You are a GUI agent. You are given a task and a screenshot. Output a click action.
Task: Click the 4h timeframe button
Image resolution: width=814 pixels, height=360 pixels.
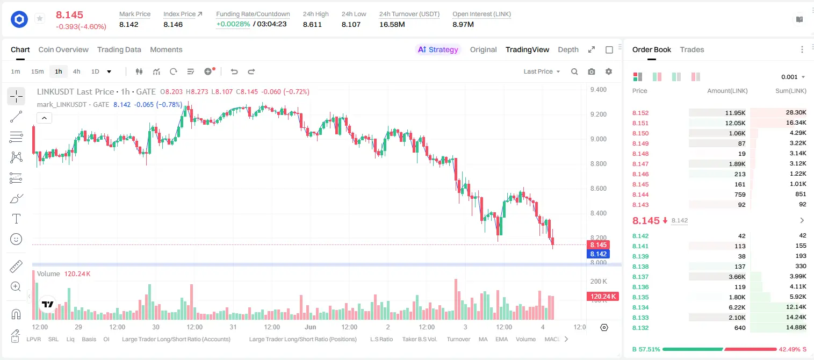click(76, 71)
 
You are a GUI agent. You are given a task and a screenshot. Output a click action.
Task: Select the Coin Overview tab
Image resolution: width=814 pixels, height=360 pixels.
click(63, 49)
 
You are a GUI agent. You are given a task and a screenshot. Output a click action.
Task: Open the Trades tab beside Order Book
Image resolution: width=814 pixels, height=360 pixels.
click(691, 49)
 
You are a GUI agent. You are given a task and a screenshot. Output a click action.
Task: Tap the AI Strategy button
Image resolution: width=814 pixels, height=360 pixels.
click(438, 49)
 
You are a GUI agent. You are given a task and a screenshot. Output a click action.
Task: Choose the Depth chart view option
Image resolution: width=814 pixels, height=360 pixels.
click(568, 49)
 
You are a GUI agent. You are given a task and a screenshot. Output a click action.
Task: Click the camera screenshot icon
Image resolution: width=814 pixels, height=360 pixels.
click(592, 71)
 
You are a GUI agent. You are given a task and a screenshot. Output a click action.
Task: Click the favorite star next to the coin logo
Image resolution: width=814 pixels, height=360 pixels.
click(40, 18)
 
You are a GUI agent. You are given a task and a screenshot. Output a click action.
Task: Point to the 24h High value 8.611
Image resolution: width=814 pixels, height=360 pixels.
click(312, 24)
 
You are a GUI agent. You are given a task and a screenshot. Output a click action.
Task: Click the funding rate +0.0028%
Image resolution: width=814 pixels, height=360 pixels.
click(233, 24)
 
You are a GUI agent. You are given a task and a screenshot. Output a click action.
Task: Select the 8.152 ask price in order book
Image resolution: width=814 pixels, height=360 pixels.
click(640, 113)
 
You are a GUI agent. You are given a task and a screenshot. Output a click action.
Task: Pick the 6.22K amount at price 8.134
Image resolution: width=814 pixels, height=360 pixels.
click(737, 307)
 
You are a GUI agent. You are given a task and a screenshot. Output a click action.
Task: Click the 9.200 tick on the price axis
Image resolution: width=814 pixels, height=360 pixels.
click(599, 114)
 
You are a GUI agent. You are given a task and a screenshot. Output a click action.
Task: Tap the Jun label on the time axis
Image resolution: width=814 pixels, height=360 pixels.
click(311, 327)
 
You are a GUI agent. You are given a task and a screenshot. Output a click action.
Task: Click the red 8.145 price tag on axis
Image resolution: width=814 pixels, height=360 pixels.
click(598, 245)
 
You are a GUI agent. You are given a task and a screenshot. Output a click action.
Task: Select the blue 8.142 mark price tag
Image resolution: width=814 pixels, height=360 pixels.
click(598, 254)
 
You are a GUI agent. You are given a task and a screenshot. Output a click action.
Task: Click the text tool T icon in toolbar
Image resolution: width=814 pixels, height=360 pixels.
click(16, 219)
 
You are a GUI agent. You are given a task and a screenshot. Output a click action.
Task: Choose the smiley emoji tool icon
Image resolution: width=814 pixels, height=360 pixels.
click(16, 239)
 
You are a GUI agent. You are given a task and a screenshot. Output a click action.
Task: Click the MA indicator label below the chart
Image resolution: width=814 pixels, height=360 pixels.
click(483, 339)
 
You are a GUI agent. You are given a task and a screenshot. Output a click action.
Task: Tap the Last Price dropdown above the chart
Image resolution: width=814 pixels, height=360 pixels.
click(542, 71)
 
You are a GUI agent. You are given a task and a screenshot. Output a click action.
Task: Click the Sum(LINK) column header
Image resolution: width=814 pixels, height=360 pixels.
click(791, 91)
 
